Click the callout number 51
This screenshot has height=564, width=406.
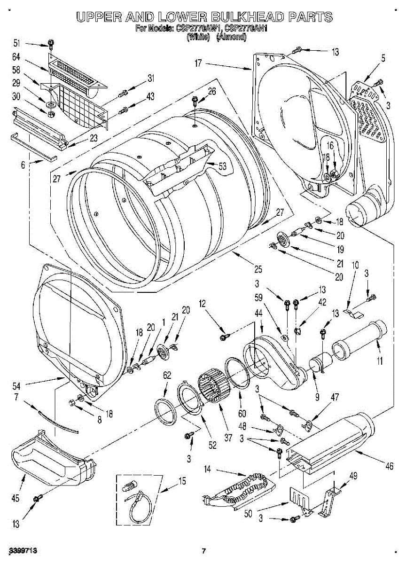tap(17, 44)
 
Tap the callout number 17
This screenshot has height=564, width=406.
tap(198, 62)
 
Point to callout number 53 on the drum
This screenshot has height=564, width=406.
tap(222, 165)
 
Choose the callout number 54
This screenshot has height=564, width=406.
tap(17, 386)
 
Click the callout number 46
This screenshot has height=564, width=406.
tap(389, 466)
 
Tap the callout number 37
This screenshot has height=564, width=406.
tap(228, 438)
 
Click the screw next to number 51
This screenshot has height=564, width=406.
tap(50, 45)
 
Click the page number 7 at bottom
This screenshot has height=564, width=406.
tap(203, 550)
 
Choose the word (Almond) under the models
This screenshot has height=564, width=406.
tap(231, 37)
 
